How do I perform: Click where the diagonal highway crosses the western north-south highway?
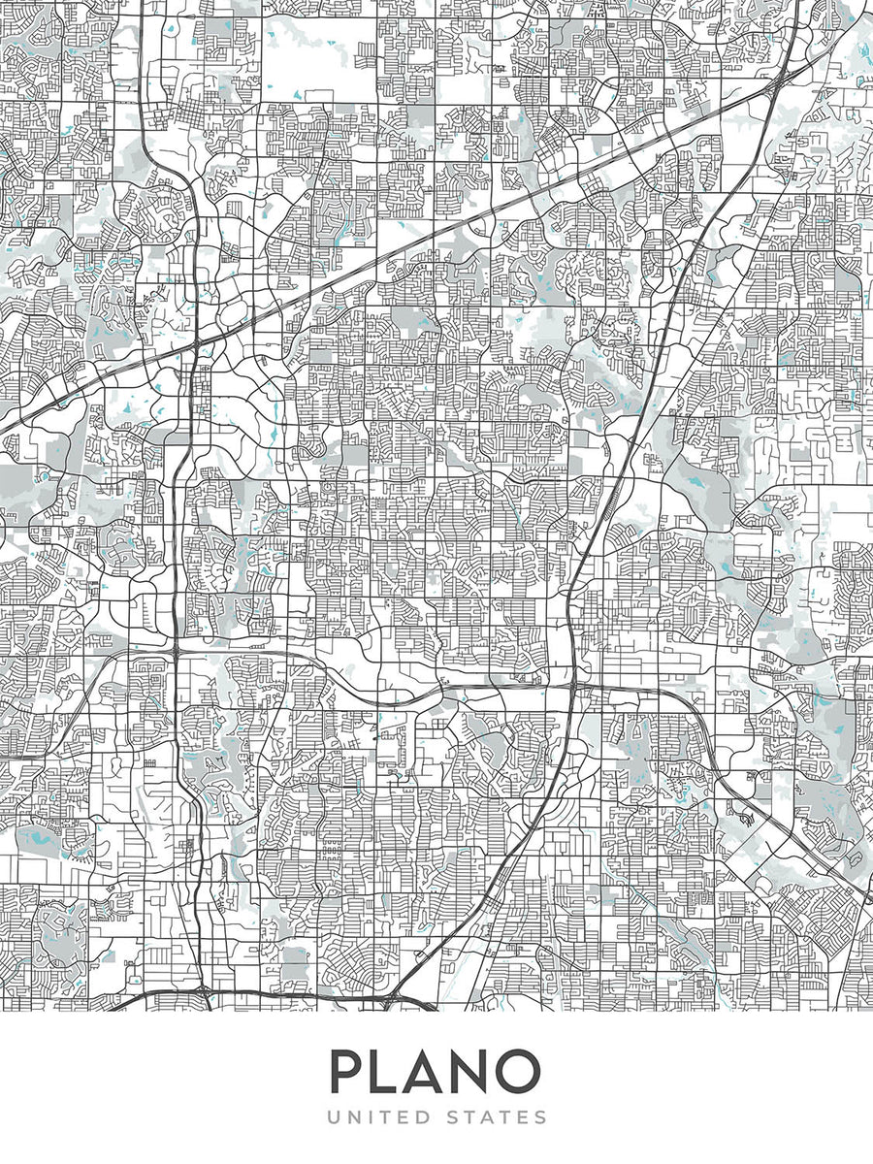(197, 342)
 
